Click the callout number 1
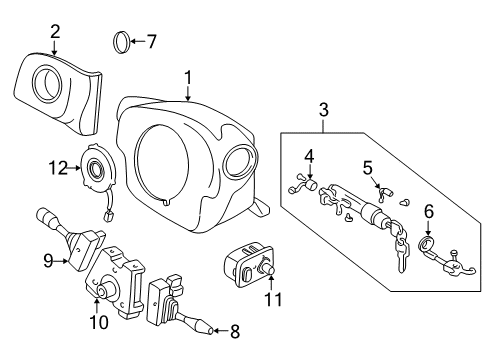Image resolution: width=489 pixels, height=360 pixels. point(189,76)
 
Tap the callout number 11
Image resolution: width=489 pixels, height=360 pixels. point(268,297)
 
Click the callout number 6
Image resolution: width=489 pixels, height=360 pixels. point(429,212)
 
